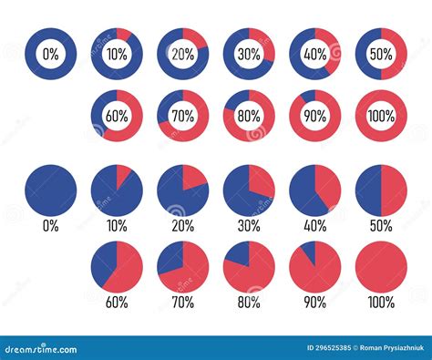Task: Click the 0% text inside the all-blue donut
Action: (x=51, y=54)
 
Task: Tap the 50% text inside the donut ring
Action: (x=381, y=54)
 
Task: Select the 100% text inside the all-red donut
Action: (x=381, y=116)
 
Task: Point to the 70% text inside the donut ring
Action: (x=183, y=116)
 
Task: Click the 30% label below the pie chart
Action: (x=249, y=225)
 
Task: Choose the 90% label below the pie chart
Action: (x=314, y=302)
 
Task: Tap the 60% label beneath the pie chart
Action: (x=117, y=302)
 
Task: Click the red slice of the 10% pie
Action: (x=123, y=176)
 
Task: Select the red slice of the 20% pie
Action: (x=195, y=180)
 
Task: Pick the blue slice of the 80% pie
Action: (x=238, y=254)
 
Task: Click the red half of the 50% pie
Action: (x=394, y=190)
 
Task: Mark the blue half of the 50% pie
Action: (x=368, y=190)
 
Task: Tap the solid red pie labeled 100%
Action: (x=381, y=267)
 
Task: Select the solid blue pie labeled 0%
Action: (x=51, y=190)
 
